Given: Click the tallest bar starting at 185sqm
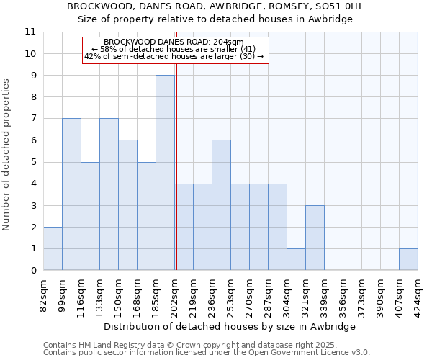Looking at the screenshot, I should [165, 173].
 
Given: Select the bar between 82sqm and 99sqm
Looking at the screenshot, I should [53, 248].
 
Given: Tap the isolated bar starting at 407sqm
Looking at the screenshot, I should [408, 259].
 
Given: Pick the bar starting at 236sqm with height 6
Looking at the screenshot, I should [221, 205].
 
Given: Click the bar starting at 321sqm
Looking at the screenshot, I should [315, 238].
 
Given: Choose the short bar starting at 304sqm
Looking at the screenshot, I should [296, 259].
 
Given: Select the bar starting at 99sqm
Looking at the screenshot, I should [71, 194].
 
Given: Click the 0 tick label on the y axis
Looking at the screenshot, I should [33, 271].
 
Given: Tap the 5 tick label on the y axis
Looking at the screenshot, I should [33, 162].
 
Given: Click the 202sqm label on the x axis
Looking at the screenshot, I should [174, 294].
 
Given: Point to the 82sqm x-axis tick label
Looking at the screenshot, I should [43, 293].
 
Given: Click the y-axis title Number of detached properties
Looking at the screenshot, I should [6, 155].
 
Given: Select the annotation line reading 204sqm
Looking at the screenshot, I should [174, 42].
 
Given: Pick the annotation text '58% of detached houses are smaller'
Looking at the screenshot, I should [174, 49].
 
